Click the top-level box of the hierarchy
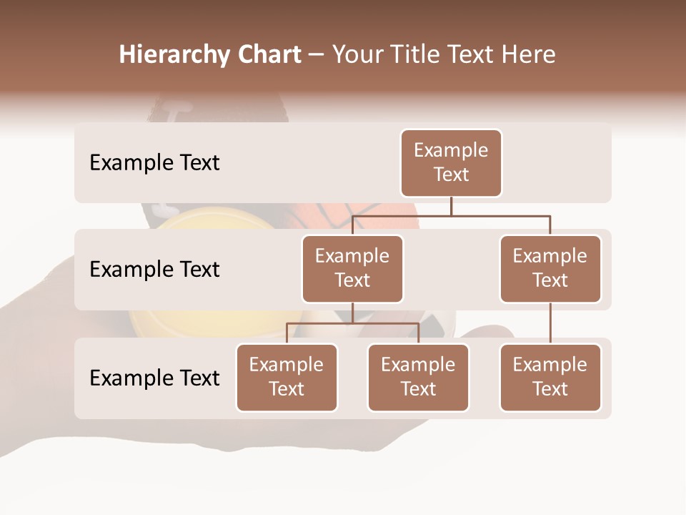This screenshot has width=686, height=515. [451, 162]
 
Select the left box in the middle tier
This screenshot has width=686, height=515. [352, 268]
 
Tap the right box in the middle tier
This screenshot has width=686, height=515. [550, 268]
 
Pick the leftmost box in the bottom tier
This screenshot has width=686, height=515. [287, 377]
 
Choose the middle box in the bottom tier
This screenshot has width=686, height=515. [418, 377]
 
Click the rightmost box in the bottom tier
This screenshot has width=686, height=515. [550, 377]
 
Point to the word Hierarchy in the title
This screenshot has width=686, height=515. [174, 54]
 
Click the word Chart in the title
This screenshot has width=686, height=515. [269, 54]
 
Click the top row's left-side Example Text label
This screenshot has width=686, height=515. [154, 162]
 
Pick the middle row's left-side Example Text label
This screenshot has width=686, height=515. [154, 269]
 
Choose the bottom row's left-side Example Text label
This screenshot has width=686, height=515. [154, 378]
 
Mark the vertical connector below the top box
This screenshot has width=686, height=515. [451, 206]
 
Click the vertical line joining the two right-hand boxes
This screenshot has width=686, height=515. [550, 323]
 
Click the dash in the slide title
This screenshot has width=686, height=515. [317, 54]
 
